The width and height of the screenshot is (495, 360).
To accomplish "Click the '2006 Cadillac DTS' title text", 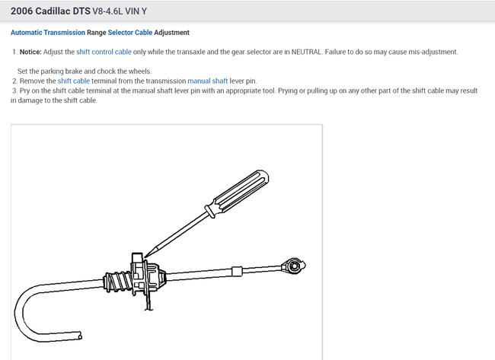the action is [50, 11].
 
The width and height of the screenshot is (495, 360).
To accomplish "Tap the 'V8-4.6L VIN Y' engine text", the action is [120, 11].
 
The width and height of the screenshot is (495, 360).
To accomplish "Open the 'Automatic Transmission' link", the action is [48, 33].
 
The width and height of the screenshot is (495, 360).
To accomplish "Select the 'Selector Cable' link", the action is [130, 33].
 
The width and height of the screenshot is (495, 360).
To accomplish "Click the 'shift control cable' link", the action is [104, 52].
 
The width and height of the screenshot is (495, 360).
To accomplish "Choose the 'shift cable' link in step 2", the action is [74, 81].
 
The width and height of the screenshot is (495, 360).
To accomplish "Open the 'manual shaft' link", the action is [208, 81].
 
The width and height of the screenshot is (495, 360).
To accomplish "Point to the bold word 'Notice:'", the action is [30, 52].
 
